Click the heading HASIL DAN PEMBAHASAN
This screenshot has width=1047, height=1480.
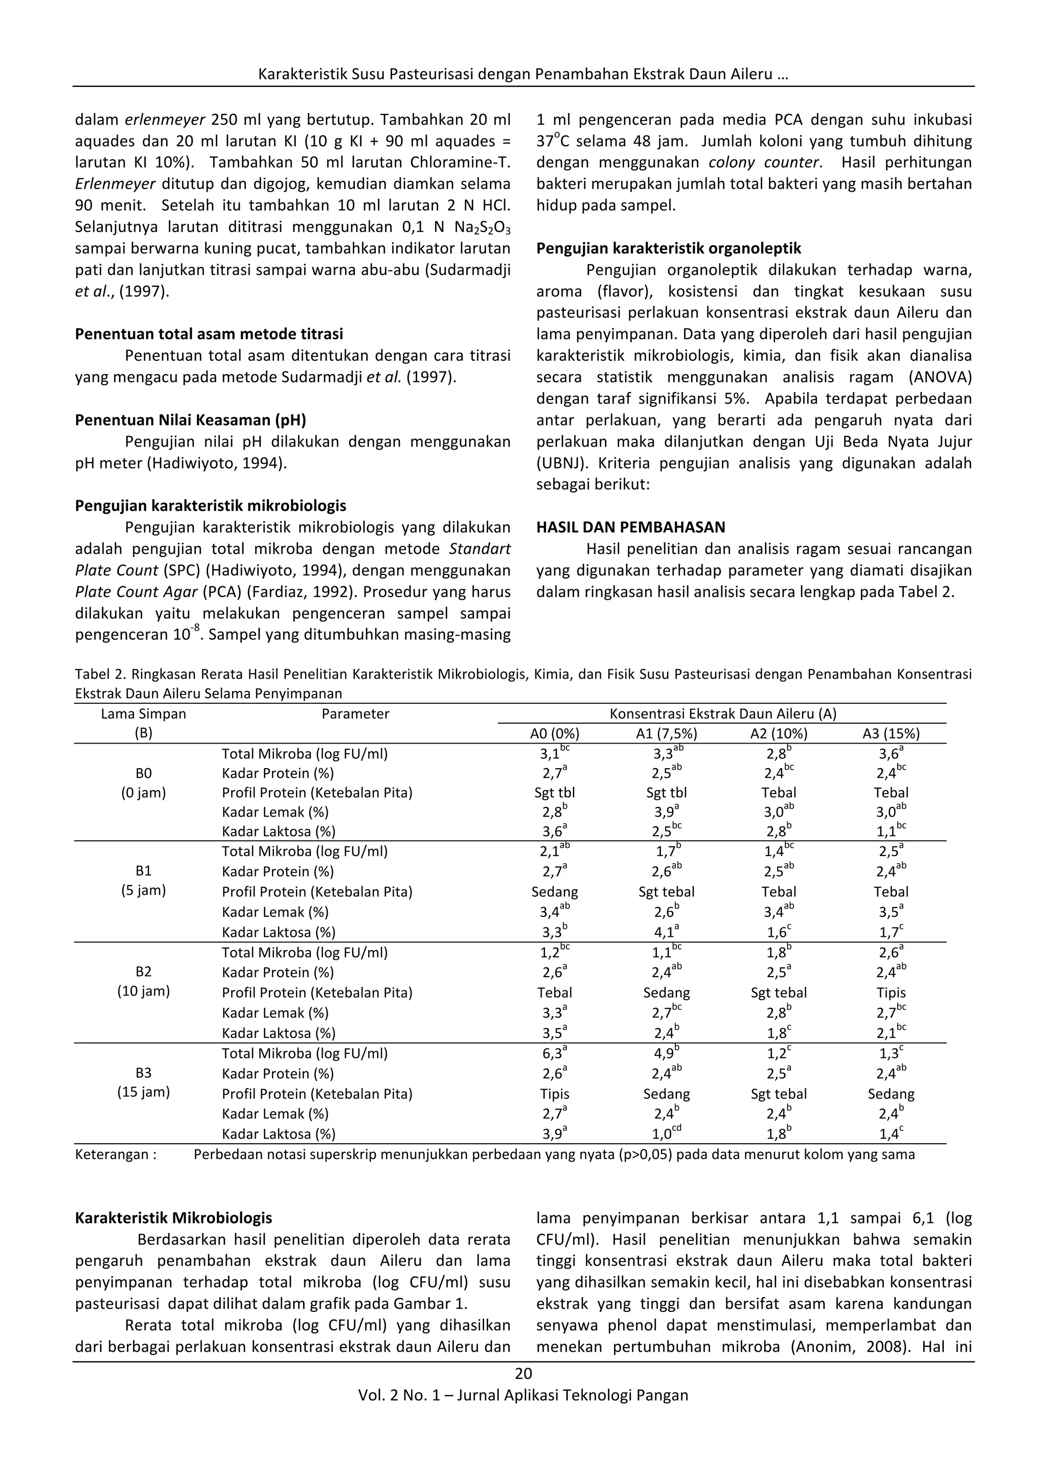630,527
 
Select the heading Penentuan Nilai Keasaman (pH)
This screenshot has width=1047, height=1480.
190,420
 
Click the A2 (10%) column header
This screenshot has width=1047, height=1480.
778,733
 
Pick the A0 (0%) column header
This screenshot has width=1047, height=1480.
555,733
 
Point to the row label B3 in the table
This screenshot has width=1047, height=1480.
143,1073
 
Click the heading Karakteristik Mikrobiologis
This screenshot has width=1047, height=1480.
173,1218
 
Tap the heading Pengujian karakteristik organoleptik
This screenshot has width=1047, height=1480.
669,248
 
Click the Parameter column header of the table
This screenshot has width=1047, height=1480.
355,713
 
